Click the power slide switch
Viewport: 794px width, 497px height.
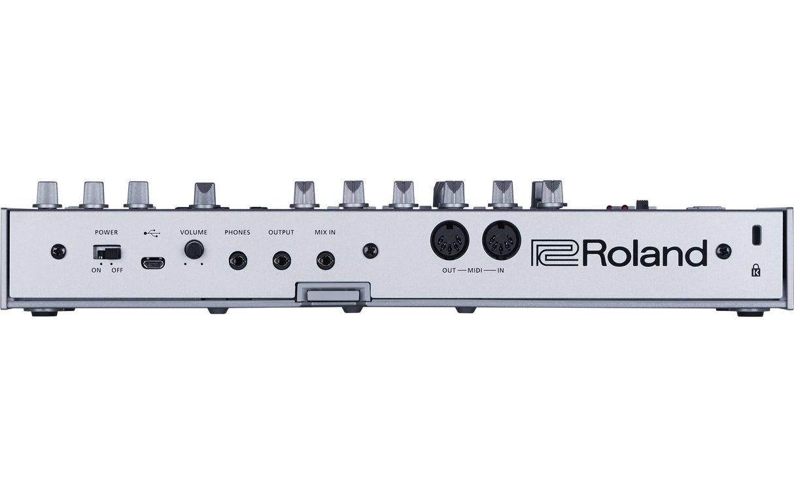click(x=107, y=252)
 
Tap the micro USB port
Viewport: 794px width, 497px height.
click(x=153, y=263)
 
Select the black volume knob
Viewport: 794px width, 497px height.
click(x=194, y=249)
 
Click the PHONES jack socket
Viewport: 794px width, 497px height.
click(x=237, y=261)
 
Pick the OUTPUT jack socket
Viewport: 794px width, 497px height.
click(x=282, y=261)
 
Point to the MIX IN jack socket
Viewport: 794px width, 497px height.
click(x=325, y=261)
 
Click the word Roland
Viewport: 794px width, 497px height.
click(x=645, y=253)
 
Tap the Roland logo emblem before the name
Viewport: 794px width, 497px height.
click(x=554, y=253)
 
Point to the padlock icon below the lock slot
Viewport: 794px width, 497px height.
click(x=756, y=269)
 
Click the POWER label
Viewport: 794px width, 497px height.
click(x=107, y=232)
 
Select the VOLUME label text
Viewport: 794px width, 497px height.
click(x=194, y=232)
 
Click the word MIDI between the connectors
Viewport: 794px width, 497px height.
click(x=475, y=270)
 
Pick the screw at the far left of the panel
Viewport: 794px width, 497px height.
click(x=59, y=250)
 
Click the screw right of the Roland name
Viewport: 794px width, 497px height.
click(x=723, y=250)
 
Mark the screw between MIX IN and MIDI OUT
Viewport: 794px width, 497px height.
click(x=371, y=250)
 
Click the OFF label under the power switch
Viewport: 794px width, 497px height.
click(x=117, y=270)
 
